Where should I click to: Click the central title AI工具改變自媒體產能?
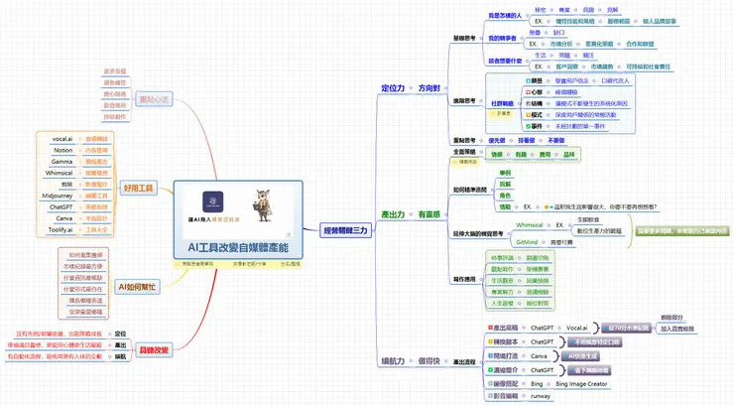(237, 246)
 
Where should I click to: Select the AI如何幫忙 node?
(135, 286)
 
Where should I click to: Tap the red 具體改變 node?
(155, 349)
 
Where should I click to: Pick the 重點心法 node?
(155, 99)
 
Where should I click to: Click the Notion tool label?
(62, 150)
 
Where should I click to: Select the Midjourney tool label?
(62, 197)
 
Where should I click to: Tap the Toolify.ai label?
(62, 229)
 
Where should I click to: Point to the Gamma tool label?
(62, 161)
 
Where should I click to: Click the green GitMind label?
(527, 241)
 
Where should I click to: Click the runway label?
(540, 394)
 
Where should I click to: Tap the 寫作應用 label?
(465, 280)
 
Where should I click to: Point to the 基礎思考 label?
(465, 39)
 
